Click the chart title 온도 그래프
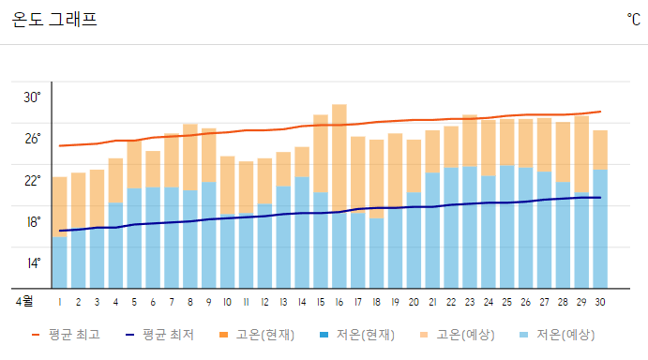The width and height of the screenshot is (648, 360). pyautogui.click(x=54, y=19)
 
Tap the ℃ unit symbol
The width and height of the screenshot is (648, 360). pyautogui.click(x=633, y=19)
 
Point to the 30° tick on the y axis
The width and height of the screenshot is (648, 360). pyautogui.click(x=32, y=97)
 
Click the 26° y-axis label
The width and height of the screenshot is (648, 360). pyautogui.click(x=32, y=139)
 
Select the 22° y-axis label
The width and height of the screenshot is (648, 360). pyautogui.click(x=32, y=180)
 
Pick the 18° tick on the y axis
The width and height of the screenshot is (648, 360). pyautogui.click(x=32, y=222)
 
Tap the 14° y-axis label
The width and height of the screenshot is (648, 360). pyautogui.click(x=32, y=262)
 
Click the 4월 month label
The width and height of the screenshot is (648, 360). pyautogui.click(x=23, y=302)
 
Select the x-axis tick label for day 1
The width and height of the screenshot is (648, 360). pyautogui.click(x=60, y=302)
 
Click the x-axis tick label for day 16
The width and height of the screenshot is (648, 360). pyautogui.click(x=339, y=302)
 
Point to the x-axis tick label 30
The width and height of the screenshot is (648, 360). pyautogui.click(x=599, y=302)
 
